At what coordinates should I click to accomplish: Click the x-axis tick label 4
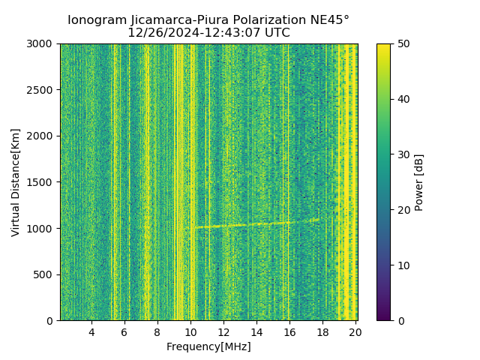pyautogui.click(x=91, y=332)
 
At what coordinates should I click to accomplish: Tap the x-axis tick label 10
pyautogui.click(x=190, y=332)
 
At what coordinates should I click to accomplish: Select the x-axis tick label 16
pyautogui.click(x=289, y=332)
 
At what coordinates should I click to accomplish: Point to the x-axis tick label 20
pyautogui.click(x=355, y=332)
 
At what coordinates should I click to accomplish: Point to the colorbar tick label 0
pyautogui.click(x=399, y=320)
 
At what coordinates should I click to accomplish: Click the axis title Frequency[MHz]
pyautogui.click(x=208, y=346)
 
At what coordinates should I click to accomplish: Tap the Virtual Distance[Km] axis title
pyautogui.click(x=16, y=182)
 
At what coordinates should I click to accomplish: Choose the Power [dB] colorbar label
pyautogui.click(x=419, y=182)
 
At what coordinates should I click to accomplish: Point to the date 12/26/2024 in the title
pyautogui.click(x=160, y=33)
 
